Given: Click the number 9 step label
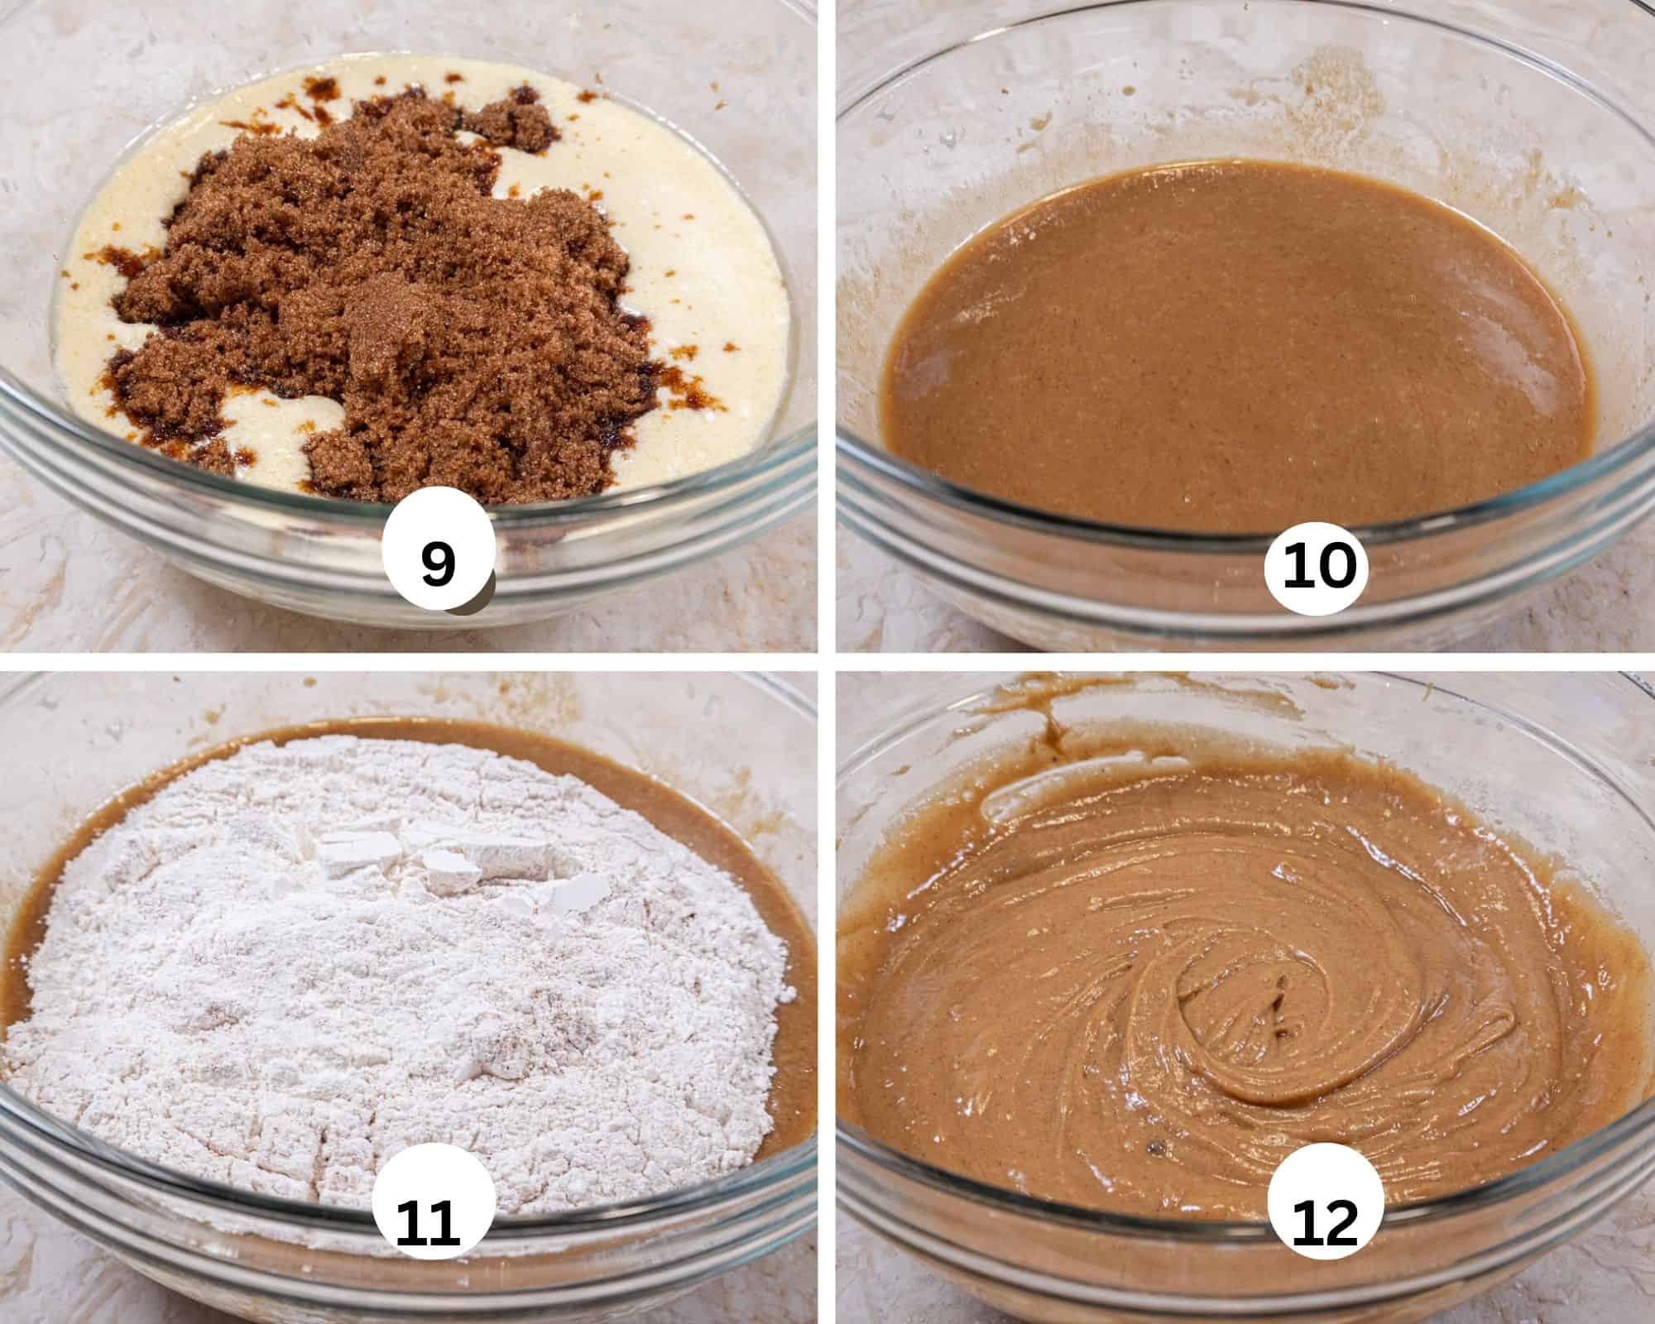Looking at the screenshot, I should tap(439, 563).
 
